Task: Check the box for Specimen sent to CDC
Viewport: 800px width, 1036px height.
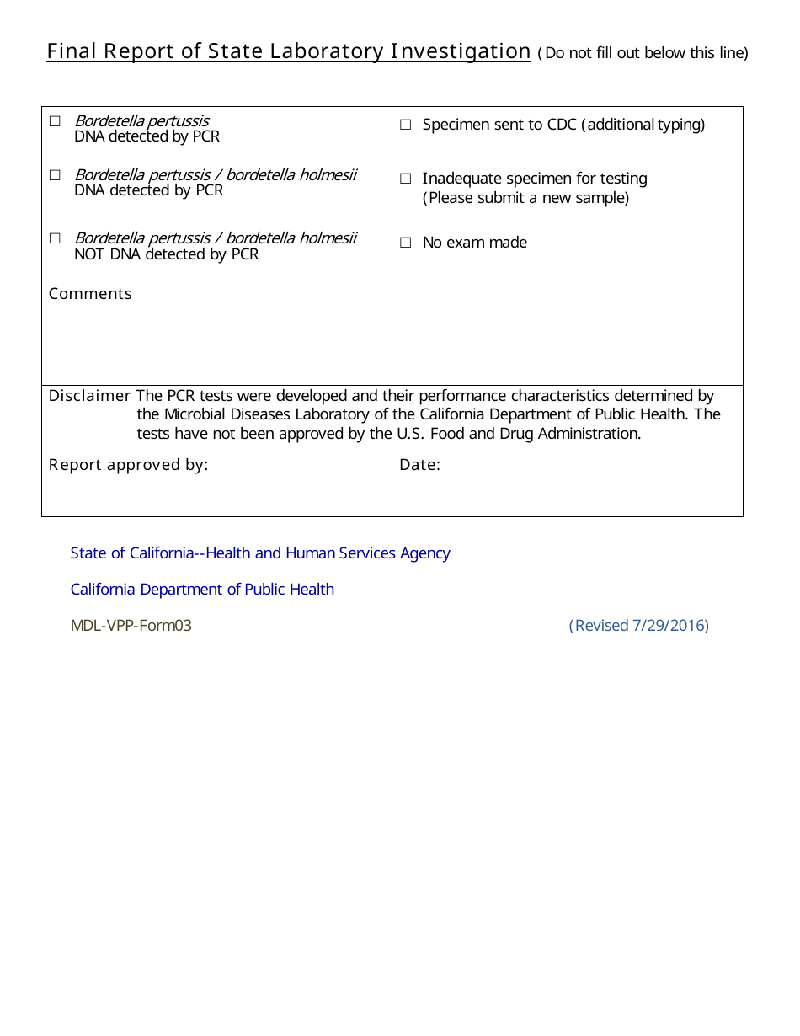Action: pos(405,125)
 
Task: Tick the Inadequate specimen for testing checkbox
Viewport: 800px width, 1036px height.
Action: pos(405,179)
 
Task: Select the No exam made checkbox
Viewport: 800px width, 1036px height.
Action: pos(405,243)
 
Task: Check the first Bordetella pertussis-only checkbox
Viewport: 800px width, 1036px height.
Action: pos(55,121)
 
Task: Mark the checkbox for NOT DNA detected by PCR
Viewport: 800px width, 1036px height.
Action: pos(55,238)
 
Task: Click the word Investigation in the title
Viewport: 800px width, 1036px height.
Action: pos(460,51)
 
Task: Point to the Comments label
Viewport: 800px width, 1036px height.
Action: pos(90,294)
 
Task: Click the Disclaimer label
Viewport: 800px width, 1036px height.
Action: pos(89,396)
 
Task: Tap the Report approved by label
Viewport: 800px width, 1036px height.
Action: pos(128,465)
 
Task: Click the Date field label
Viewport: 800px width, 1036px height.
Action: pos(419,465)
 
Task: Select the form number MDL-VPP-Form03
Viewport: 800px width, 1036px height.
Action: pos(131,626)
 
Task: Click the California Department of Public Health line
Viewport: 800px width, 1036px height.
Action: pos(202,590)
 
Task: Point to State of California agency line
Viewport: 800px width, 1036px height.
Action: pos(260,553)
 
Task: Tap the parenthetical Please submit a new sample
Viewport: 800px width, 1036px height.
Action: pos(525,198)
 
